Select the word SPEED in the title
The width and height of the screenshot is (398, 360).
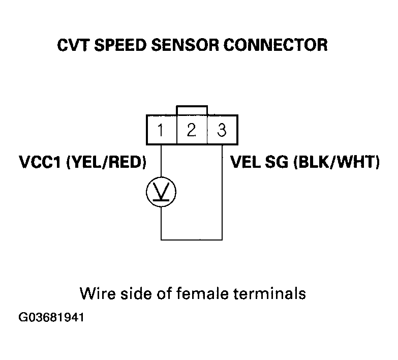[x=120, y=45]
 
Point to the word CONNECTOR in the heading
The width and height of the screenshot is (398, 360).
[x=275, y=45]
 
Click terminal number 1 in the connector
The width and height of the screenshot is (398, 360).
[x=161, y=130]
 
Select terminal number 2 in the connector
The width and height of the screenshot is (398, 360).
[x=192, y=130]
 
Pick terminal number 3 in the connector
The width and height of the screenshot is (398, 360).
[x=222, y=130]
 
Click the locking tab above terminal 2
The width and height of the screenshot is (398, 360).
[x=192, y=106]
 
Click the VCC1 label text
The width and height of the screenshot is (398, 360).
[x=40, y=162]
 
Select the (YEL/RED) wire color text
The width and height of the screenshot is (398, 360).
[x=106, y=162]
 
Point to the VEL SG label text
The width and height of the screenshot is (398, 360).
[x=259, y=162]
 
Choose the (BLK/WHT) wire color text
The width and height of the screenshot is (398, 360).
[x=336, y=162]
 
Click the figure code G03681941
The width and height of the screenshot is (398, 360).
[x=51, y=317]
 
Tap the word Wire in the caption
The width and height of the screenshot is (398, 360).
[x=98, y=294]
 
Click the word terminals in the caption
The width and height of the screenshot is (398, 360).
[x=269, y=294]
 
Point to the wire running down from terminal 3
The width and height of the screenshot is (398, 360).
[x=222, y=192]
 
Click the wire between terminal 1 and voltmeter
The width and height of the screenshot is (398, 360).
[x=161, y=161]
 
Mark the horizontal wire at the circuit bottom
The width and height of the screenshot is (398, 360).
[x=192, y=239]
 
